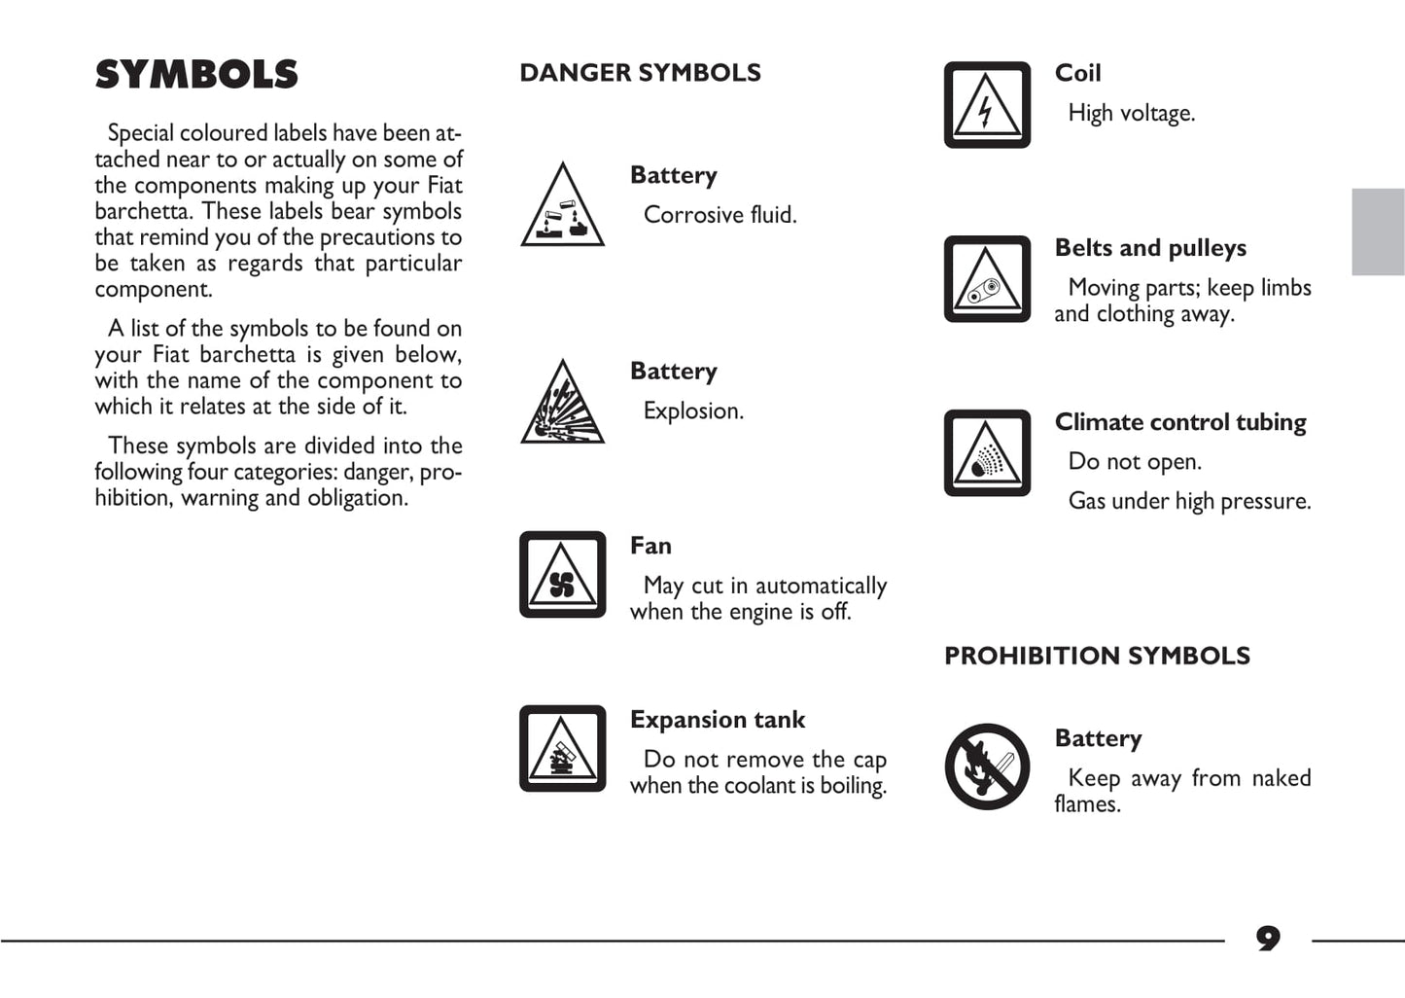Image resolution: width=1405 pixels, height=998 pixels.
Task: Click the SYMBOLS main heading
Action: pos(196,75)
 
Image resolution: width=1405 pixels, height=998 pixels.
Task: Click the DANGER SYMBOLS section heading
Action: pos(640,73)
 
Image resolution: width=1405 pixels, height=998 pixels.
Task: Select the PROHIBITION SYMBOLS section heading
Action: pos(1097,656)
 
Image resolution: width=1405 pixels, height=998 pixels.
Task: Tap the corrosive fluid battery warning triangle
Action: pos(562,207)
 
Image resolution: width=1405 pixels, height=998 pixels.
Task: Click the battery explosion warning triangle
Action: pos(562,404)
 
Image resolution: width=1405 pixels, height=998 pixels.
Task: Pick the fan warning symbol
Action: pos(562,575)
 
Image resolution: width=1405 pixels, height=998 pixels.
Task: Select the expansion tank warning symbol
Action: pos(562,749)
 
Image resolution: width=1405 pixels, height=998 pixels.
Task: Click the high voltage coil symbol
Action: pos(987,105)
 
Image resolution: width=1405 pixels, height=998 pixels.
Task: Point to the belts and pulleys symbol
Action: pos(987,279)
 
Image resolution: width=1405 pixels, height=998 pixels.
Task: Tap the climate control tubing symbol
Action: pos(987,453)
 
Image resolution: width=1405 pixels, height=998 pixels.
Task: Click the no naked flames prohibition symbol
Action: pos(987,766)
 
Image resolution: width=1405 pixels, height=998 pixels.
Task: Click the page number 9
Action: pos(1268,939)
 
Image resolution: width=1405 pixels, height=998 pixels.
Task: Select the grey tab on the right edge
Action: pos(1378,232)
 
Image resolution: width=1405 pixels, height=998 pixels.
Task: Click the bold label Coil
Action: pos(1077,73)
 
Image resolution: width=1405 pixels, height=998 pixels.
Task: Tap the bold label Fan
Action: pos(650,546)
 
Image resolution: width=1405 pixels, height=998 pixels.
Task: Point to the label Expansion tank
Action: pos(718,720)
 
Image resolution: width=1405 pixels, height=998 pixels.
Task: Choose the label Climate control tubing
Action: pos(1180,422)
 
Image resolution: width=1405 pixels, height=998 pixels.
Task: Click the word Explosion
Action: pos(693,411)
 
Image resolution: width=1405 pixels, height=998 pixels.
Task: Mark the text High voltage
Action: pos(1131,114)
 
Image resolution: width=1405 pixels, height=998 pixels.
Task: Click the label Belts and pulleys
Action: pos(1150,248)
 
